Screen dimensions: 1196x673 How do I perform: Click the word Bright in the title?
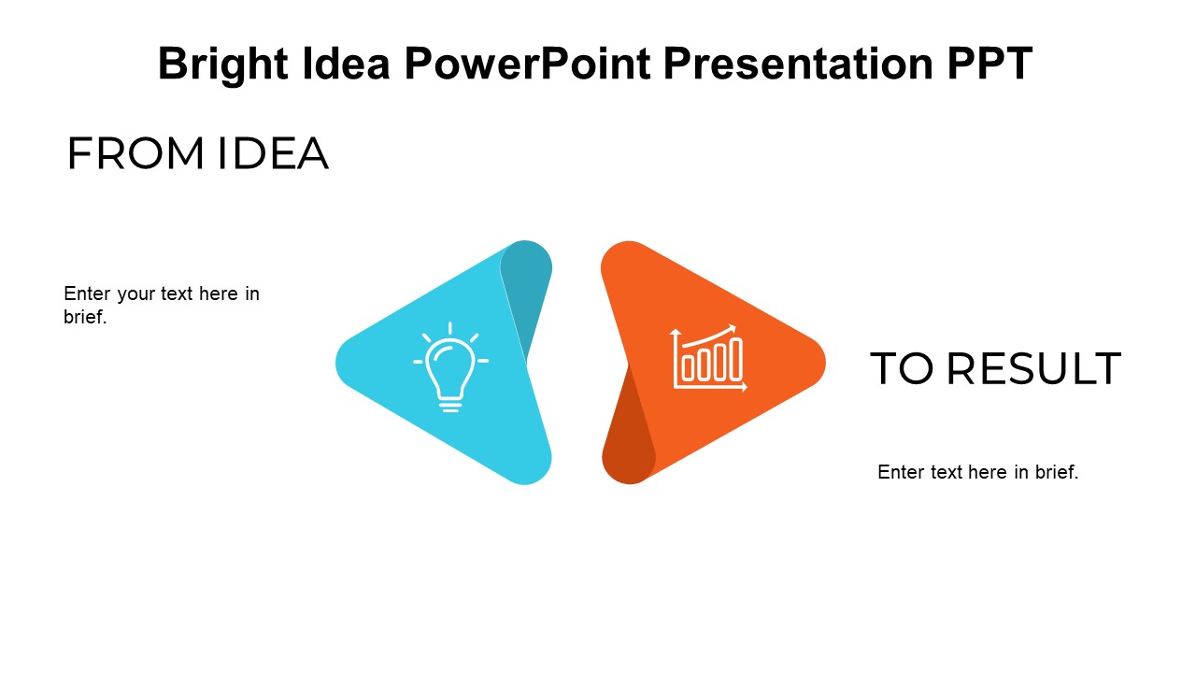point(223,64)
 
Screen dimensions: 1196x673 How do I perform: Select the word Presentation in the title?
point(798,64)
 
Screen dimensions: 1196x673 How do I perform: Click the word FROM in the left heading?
point(135,153)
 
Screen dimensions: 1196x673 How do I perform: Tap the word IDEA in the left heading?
point(273,153)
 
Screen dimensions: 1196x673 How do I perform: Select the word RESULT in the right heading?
point(1033,368)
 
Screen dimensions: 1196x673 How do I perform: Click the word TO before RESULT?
point(902,368)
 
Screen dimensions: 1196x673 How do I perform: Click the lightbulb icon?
point(450,367)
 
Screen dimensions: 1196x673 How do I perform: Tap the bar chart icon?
point(709,358)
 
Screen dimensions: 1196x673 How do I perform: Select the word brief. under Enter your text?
point(85,317)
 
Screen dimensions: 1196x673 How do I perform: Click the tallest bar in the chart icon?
point(736,359)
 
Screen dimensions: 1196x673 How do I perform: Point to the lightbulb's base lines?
point(450,407)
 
